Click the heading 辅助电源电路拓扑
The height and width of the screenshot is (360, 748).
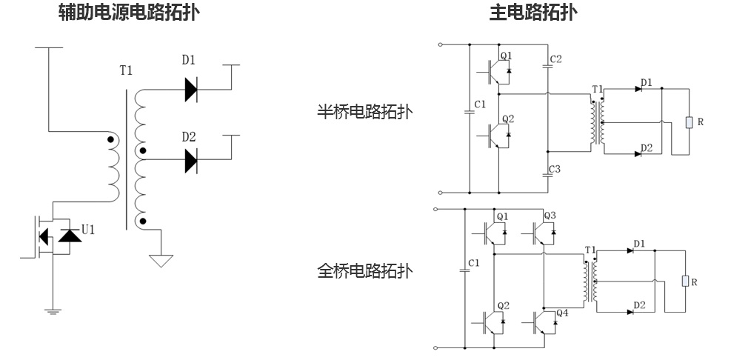129,13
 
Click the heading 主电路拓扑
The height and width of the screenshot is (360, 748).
533,13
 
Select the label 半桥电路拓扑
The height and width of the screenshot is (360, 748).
364,112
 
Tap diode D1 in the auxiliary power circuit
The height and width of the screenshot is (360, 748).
191,90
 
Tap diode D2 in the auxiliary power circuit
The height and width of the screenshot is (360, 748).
191,159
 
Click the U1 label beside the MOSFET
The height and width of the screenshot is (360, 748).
87,230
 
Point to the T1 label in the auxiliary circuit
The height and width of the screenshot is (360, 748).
126,71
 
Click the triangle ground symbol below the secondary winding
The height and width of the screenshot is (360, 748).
161,260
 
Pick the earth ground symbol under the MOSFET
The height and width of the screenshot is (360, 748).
53,310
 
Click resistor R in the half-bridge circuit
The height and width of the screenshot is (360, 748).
689,121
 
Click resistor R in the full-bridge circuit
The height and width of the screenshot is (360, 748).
685,281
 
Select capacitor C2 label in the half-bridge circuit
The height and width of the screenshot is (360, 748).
556,59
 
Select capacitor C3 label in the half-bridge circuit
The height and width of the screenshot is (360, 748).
555,170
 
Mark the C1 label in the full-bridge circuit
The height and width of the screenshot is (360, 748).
474,263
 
